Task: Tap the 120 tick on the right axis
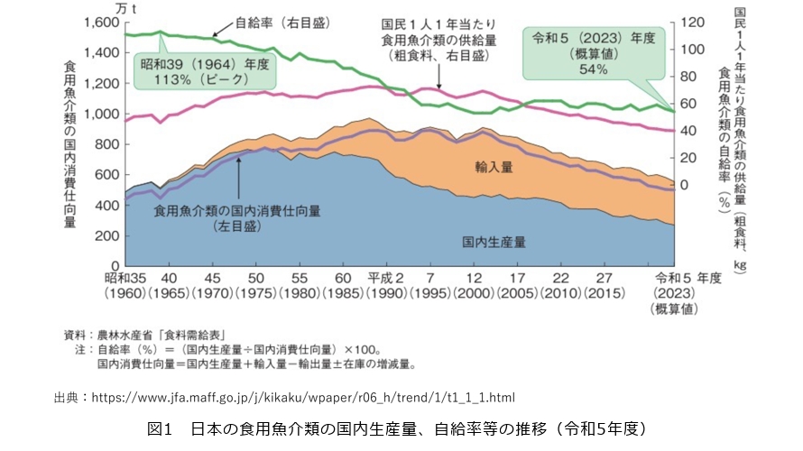[692, 22]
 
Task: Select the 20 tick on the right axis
[689, 158]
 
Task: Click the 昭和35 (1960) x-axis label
[125, 285]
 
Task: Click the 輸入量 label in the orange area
[493, 167]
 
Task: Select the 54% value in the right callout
[593, 69]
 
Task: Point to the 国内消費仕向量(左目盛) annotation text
[237, 217]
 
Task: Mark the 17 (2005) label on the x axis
[518, 285]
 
